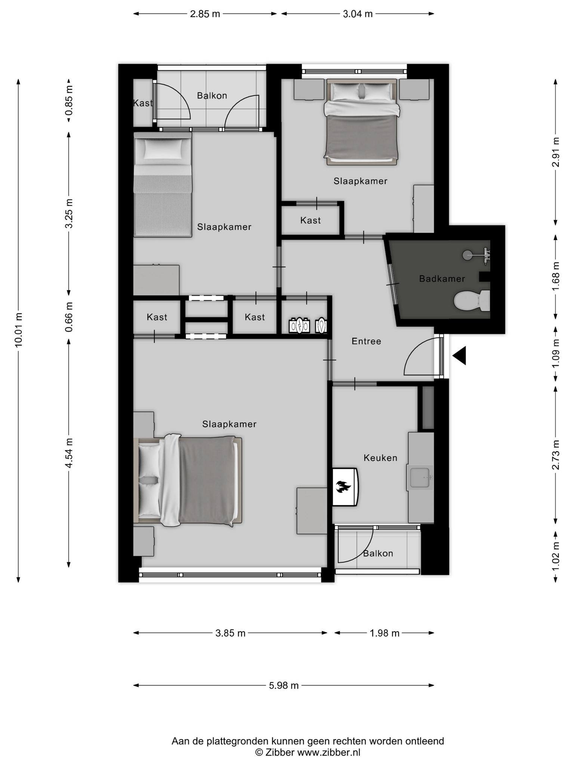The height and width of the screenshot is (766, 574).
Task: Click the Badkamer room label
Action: (x=442, y=279)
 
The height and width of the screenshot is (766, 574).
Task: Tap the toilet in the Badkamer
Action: (x=472, y=300)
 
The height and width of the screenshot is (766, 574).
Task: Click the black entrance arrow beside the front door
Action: (x=459, y=355)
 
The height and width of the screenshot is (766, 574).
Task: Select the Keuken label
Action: (x=380, y=458)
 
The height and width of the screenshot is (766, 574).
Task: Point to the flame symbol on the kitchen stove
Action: (x=343, y=487)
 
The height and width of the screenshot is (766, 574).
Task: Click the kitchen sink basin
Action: (x=421, y=478)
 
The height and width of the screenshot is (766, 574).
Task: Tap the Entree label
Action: (x=366, y=341)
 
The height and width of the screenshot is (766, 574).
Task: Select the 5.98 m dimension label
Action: (x=284, y=685)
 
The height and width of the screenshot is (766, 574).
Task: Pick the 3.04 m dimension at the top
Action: (x=358, y=14)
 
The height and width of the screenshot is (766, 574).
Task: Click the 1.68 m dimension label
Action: (x=556, y=276)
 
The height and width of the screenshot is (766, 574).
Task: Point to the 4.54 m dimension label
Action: (x=69, y=453)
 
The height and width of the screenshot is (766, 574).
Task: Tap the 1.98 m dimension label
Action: (x=385, y=633)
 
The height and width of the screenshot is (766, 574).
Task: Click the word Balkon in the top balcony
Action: (x=212, y=96)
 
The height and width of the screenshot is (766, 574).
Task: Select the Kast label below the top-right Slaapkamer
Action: (x=311, y=220)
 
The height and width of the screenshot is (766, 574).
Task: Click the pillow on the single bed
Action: (x=163, y=149)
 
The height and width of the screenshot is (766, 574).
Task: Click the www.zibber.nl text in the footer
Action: (x=328, y=752)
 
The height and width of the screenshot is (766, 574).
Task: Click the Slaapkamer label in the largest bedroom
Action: (x=229, y=424)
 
